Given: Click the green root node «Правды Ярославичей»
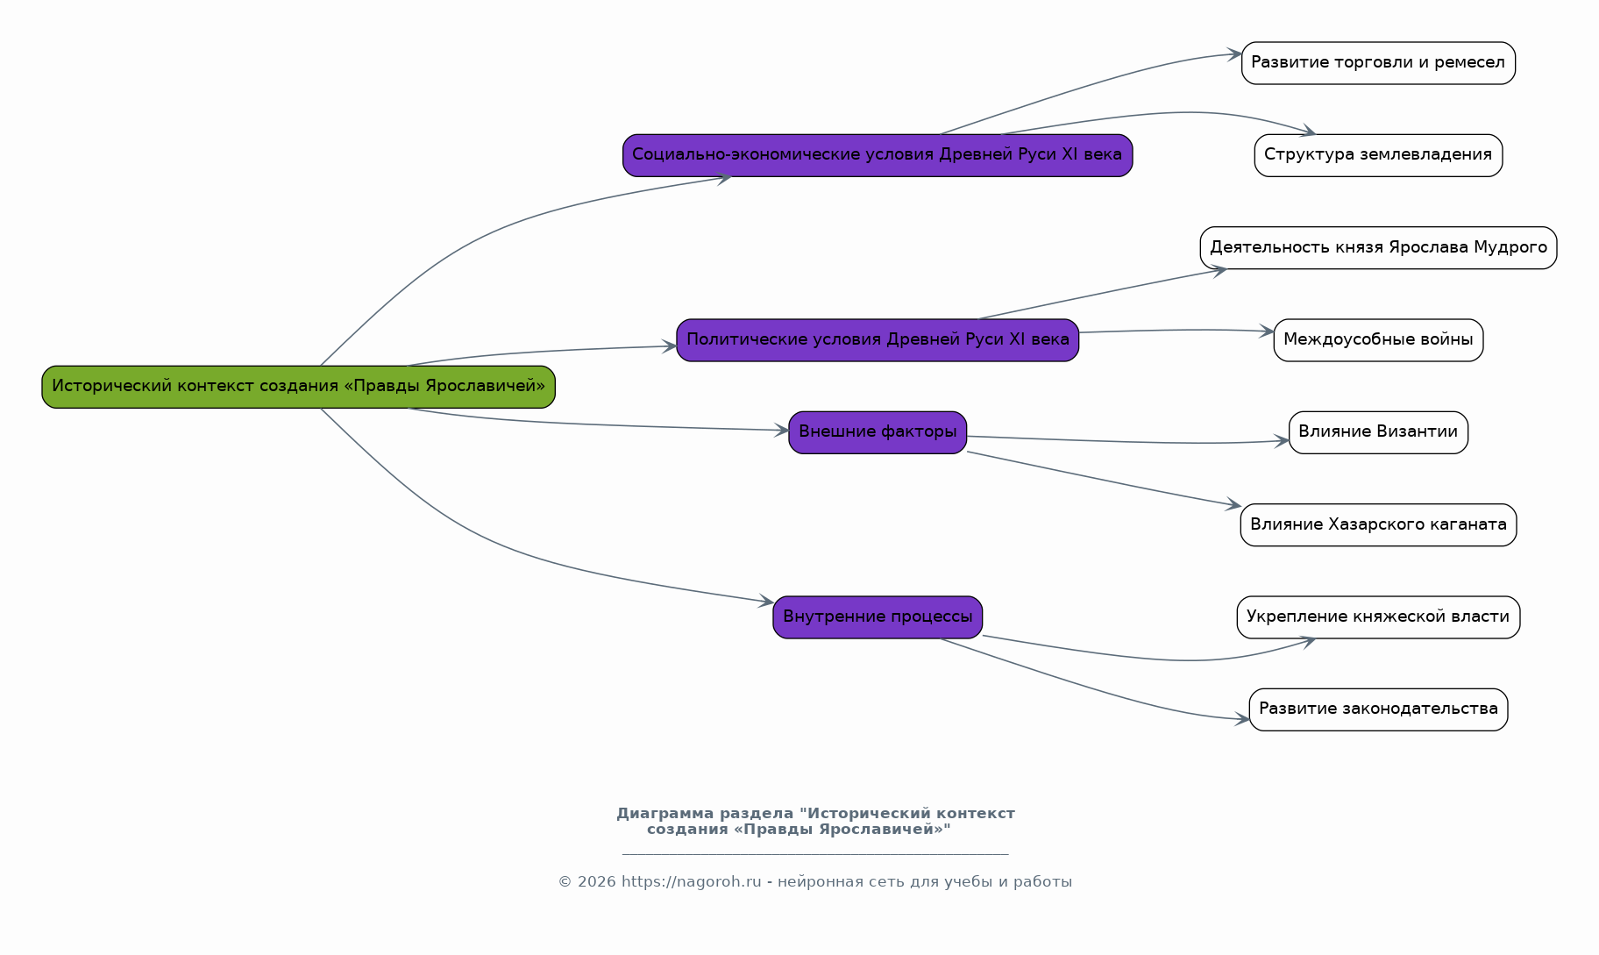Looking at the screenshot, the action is pyautogui.click(x=298, y=387).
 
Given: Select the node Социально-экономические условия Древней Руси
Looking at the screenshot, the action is pyautogui.click(x=878, y=155).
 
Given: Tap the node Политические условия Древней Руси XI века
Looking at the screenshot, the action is pyautogui.click(x=878, y=340).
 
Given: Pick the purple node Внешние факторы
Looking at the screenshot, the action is pyautogui.click(x=878, y=432).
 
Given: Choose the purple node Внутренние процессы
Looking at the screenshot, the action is pyautogui.click(x=878, y=617).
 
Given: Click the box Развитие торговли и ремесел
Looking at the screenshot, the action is pyautogui.click(x=1378, y=63).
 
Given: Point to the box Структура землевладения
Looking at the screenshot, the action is pyautogui.click(x=1378, y=155).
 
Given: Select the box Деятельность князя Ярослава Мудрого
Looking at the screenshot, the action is pyautogui.click(x=1378, y=248).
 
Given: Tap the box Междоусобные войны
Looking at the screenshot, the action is pyautogui.click(x=1378, y=340).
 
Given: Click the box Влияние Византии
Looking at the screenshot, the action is pyautogui.click(x=1378, y=432).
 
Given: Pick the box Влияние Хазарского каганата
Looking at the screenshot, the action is pyautogui.click(x=1378, y=525).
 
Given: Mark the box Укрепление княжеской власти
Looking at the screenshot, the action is pyautogui.click(x=1378, y=617).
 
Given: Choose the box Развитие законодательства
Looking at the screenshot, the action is pyautogui.click(x=1378, y=709).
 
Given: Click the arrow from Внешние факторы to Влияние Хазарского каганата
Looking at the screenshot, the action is pyautogui.click(x=1104, y=480).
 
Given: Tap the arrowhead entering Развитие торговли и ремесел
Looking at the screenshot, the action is pyautogui.click(x=1234, y=54).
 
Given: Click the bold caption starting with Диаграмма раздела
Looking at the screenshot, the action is pyautogui.click(x=815, y=822).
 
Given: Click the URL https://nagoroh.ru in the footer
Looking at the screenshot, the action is pyautogui.click(x=691, y=882).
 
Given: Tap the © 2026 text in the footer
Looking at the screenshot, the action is pyautogui.click(x=587, y=882).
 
